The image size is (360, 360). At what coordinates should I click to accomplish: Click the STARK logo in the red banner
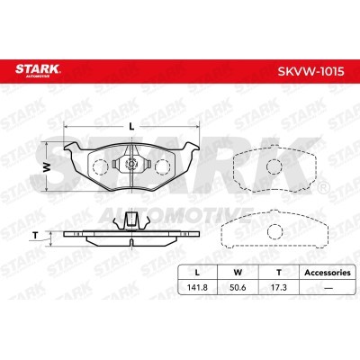click(38, 70)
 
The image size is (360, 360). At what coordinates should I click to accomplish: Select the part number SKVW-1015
click(310, 72)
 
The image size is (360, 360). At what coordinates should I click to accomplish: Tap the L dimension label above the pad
click(131, 127)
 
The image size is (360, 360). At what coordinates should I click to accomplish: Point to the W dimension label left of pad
click(47, 167)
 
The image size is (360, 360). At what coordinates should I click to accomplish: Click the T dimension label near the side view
click(36, 236)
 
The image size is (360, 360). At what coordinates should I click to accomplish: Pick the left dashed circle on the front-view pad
click(100, 166)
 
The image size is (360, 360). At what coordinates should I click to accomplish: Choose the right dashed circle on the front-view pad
click(163, 166)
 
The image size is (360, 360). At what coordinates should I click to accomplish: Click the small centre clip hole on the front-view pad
click(131, 164)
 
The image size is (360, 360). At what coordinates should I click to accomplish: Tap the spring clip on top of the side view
click(131, 221)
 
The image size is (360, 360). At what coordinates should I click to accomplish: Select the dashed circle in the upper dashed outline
click(274, 166)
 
